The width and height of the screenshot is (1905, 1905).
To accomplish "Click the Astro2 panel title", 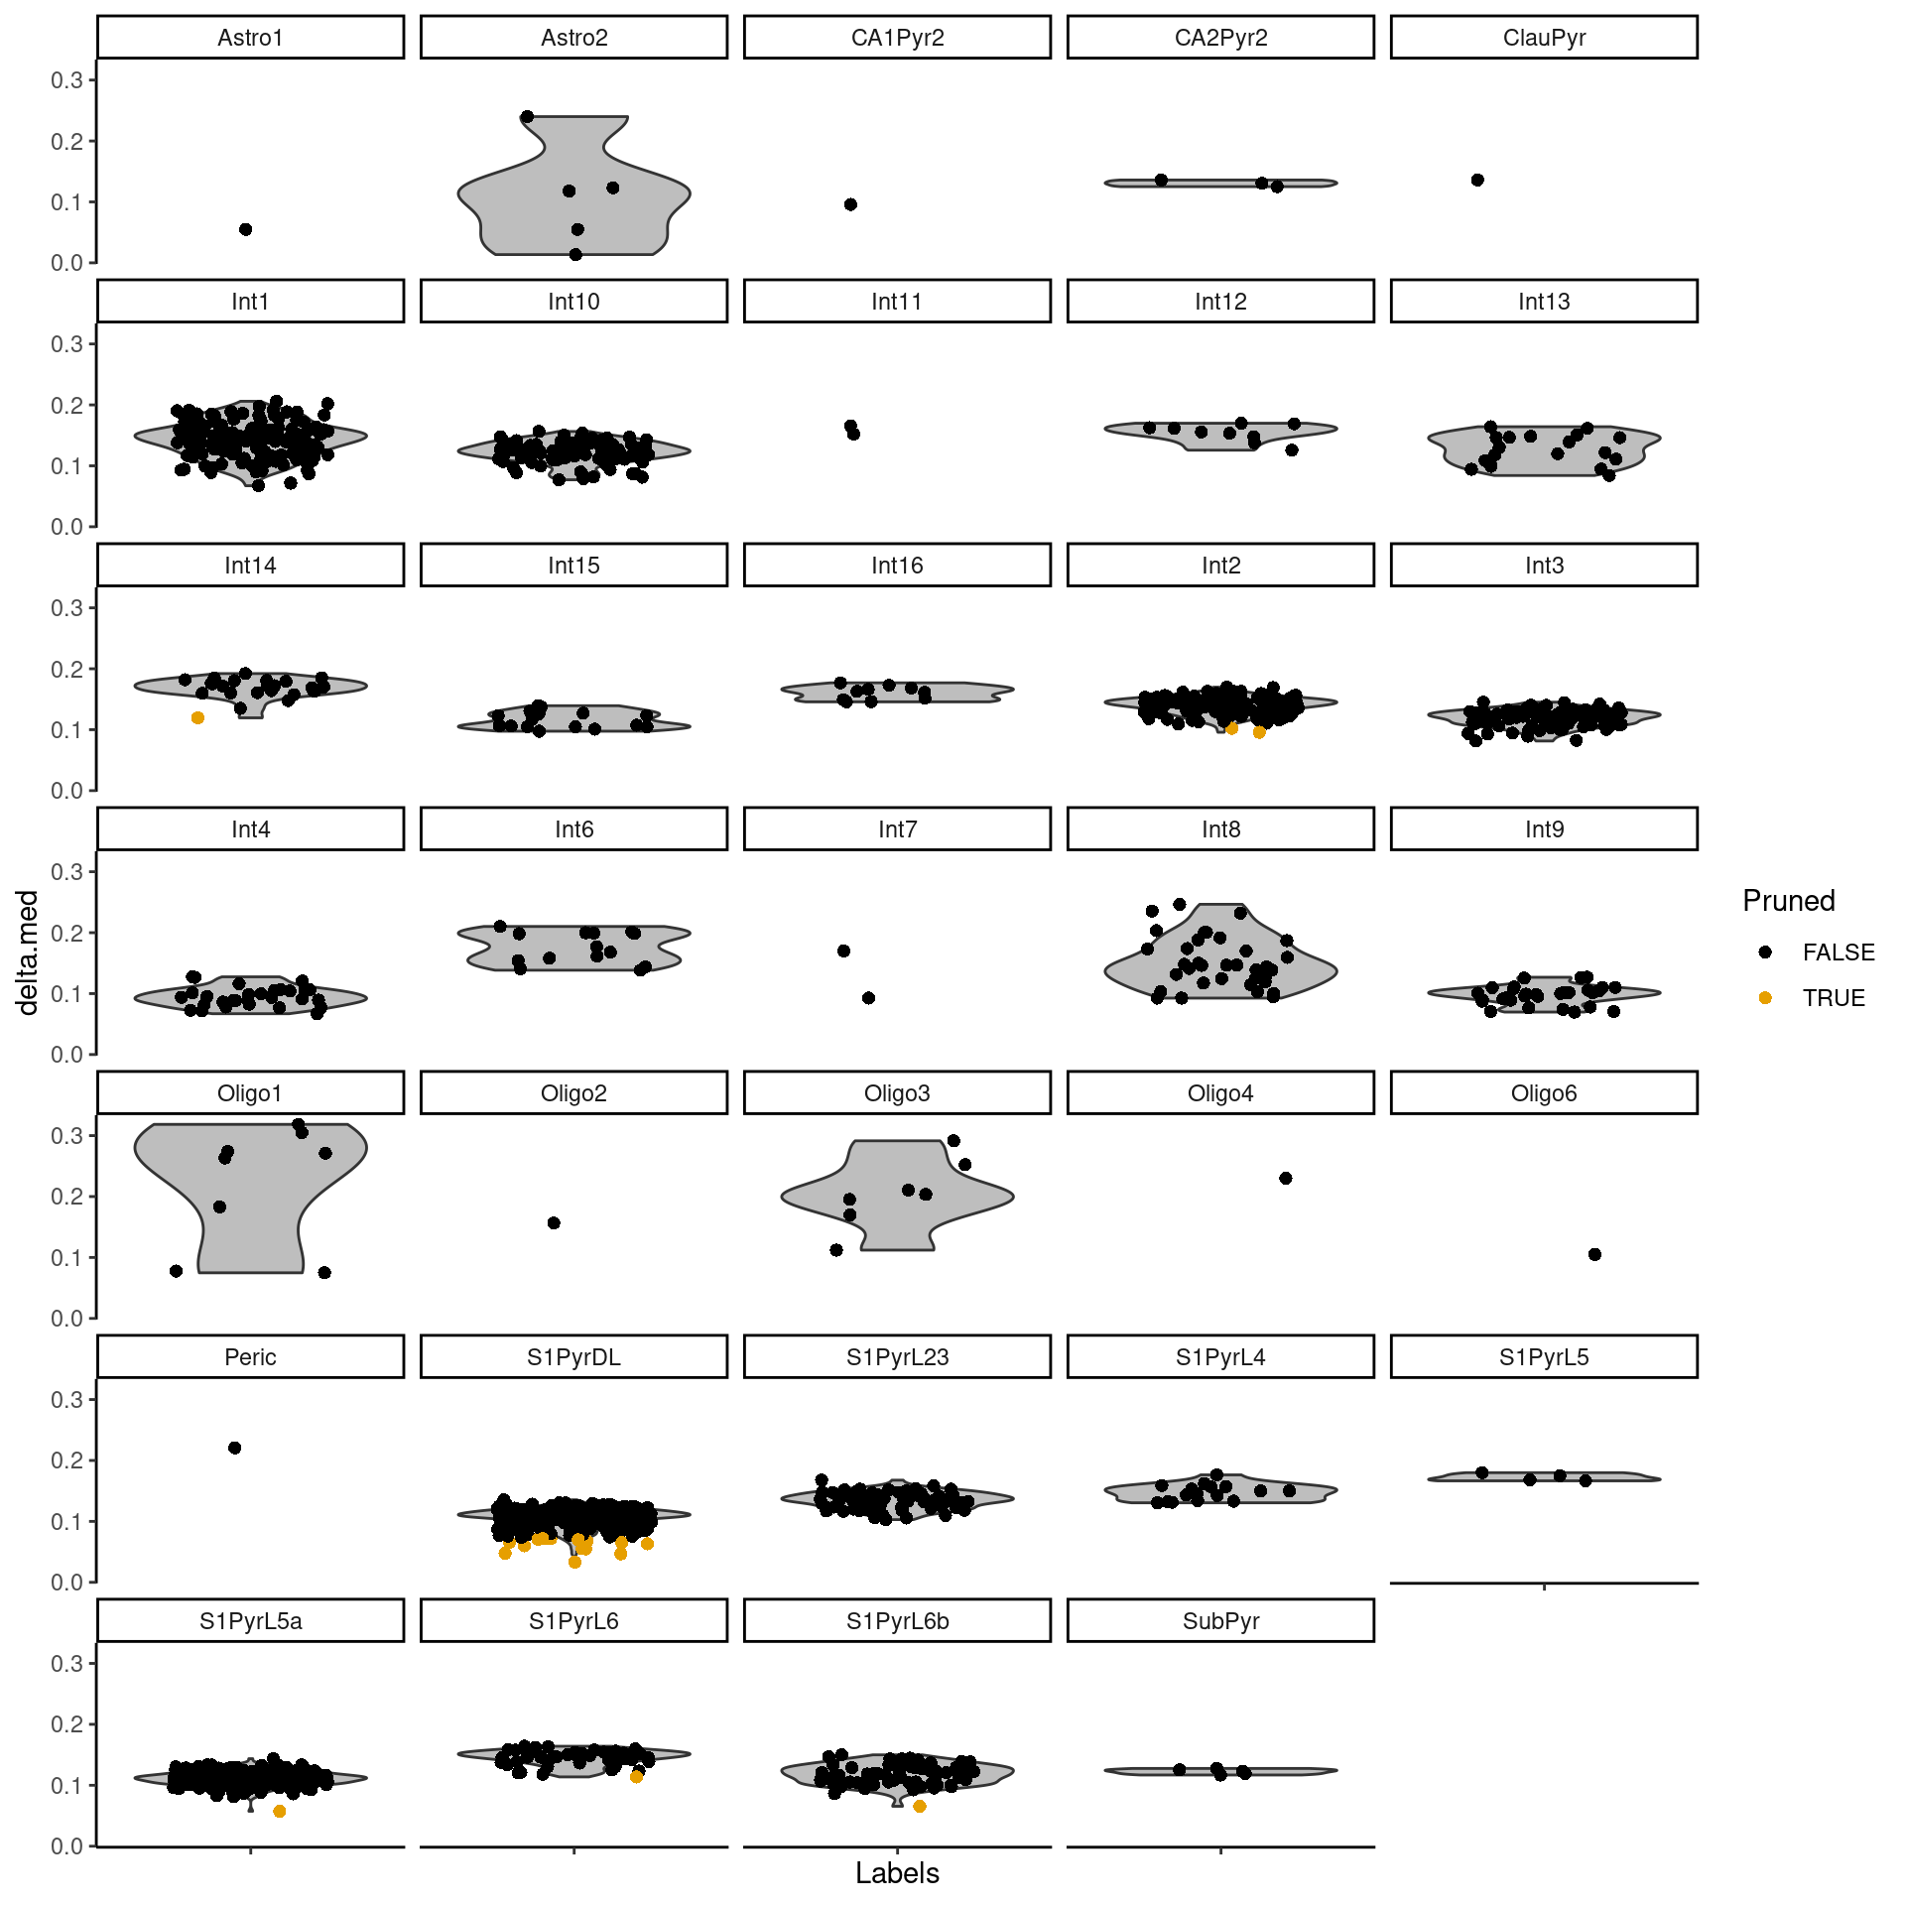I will [573, 38].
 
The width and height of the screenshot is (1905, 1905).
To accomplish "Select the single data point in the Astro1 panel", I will [246, 229].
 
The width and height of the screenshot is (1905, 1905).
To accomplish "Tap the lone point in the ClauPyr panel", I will [1477, 180].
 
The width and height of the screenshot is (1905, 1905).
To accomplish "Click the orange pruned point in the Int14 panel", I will [197, 717].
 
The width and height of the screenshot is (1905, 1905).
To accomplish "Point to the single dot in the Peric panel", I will [235, 1448].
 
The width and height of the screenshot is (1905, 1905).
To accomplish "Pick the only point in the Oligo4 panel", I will [1286, 1178].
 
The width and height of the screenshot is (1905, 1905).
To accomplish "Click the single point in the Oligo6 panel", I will [1594, 1254].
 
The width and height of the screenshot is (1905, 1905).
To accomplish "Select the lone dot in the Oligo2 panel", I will [554, 1222].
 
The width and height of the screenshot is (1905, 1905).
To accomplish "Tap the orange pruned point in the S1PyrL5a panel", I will [280, 1811].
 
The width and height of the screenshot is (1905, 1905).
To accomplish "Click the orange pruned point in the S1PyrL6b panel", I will [920, 1806].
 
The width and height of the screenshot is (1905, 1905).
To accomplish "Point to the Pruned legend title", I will [1789, 901].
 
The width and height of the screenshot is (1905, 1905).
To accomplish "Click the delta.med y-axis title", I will [28, 952].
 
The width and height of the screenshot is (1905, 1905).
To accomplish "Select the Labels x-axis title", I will [897, 1873].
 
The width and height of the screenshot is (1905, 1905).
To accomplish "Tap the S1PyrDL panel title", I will [573, 1357].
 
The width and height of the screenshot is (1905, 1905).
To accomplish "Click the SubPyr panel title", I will [1220, 1621].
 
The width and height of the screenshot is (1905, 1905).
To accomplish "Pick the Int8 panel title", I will [1220, 829].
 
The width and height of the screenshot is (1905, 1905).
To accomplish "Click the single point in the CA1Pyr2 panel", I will [850, 204].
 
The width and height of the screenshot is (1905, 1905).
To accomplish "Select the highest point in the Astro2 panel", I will [527, 117].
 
